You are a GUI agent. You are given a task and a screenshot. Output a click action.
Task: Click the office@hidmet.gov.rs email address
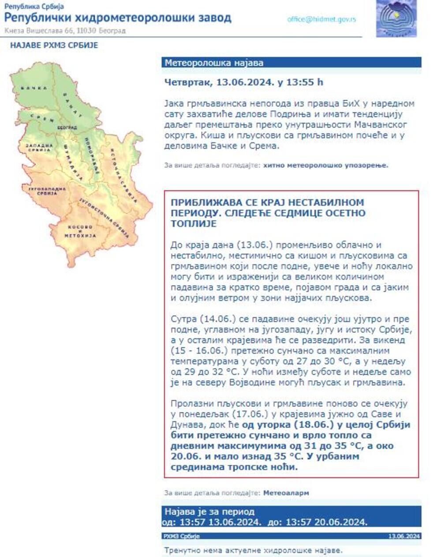[x=321, y=19]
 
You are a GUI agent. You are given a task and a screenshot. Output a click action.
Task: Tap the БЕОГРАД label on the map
[x=64, y=127]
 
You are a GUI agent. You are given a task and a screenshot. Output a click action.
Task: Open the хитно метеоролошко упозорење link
[x=326, y=166]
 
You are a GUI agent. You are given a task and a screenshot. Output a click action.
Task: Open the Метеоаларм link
[x=286, y=493]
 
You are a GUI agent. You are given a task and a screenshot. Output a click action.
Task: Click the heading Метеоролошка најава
[x=214, y=63]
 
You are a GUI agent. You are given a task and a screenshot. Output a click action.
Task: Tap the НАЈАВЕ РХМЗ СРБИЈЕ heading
[x=54, y=45]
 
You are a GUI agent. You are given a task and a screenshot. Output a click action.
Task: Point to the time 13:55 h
[x=304, y=82]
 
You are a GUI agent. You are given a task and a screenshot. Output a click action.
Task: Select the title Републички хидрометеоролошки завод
[x=118, y=18]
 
